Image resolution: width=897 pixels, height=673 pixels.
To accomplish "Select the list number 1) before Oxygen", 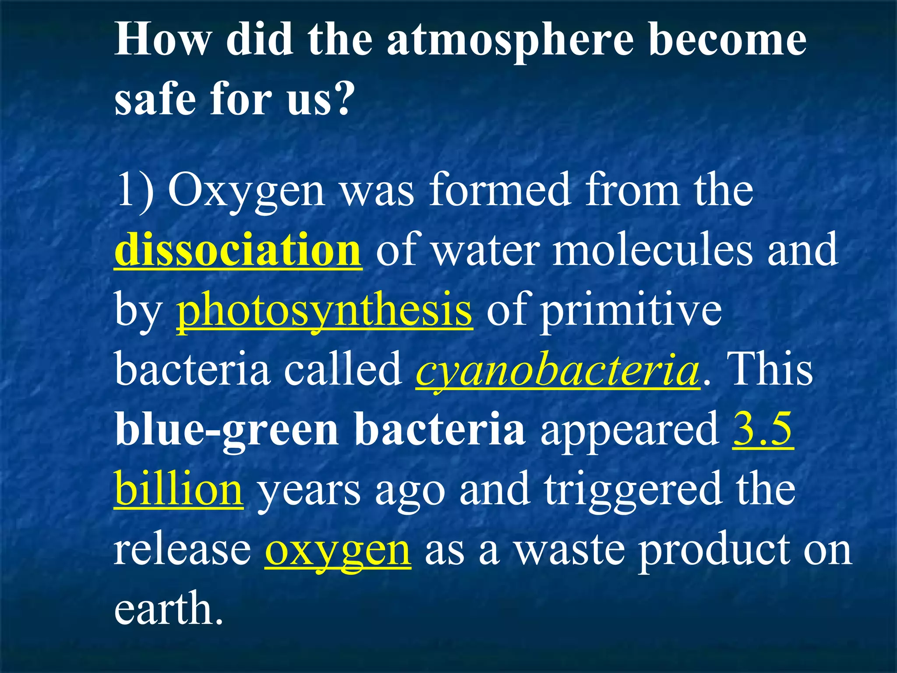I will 134,190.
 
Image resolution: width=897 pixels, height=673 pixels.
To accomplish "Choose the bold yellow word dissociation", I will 238,250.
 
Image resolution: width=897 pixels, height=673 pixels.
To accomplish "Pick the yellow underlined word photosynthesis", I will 324,310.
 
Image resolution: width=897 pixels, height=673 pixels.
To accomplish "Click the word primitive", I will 631,310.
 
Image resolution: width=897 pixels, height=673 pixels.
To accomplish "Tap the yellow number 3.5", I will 763,429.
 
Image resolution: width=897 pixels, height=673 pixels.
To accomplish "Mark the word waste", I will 569,549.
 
